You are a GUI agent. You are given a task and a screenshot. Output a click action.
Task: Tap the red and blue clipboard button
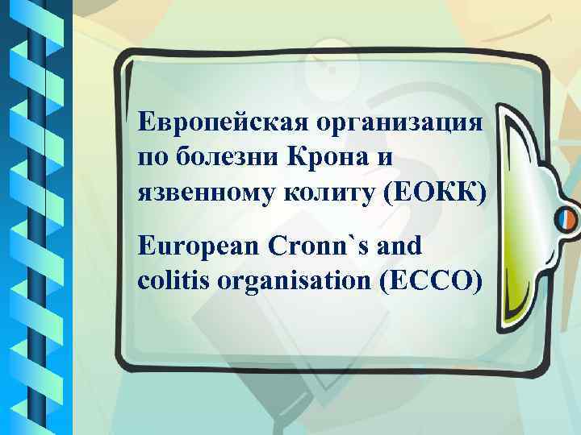pos(565,218)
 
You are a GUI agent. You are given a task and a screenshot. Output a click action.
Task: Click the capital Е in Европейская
pos(146,122)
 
